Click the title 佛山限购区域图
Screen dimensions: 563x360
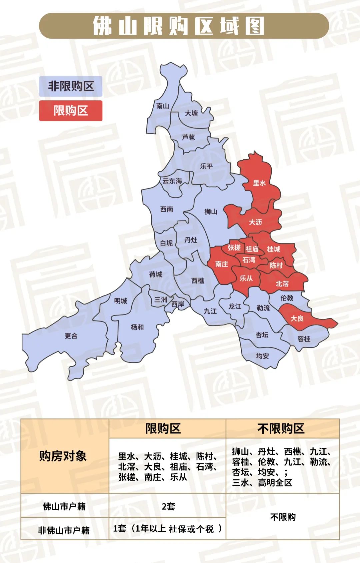click(179, 26)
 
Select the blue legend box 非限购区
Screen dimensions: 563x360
click(71, 86)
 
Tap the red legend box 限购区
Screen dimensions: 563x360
click(71, 111)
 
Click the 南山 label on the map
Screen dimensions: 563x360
click(163, 106)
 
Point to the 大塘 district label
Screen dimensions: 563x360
click(191, 113)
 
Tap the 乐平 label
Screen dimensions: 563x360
click(206, 166)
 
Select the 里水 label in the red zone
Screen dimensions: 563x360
click(259, 183)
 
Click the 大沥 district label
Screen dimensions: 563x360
click(255, 222)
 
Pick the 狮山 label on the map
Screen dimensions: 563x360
click(211, 212)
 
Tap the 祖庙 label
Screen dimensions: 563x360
click(252, 249)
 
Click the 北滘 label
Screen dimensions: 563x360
click(282, 284)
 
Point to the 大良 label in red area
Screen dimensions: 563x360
click(297, 318)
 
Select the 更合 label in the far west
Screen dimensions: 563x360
click(71, 336)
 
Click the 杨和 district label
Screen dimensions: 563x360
click(137, 327)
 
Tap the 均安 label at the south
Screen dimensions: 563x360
click(262, 356)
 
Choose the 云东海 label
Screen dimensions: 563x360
click(172, 181)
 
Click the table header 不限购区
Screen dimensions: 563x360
click(281, 428)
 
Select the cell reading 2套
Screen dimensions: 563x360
click(168, 506)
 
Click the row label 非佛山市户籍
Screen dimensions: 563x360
click(64, 530)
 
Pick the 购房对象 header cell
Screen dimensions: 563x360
click(63, 456)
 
